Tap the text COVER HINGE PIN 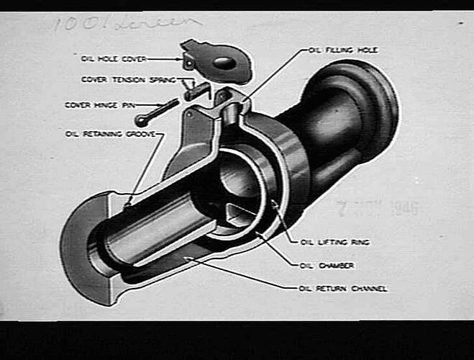click(100, 105)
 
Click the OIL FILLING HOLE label click(343, 50)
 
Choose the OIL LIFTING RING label click(334, 242)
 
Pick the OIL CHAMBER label click(327, 266)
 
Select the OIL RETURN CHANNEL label click(342, 289)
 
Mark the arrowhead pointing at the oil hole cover click(179, 58)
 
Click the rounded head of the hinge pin click(141, 121)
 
